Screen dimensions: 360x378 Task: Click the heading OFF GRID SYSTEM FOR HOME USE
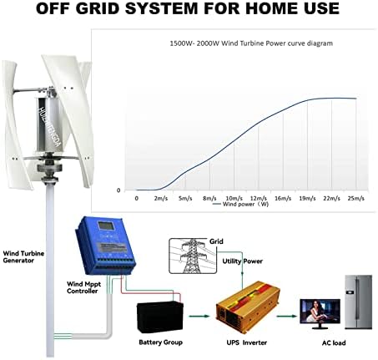pos(189,11)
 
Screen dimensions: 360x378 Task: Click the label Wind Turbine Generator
pos(28,256)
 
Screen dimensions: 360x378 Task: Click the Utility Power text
pos(242,261)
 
